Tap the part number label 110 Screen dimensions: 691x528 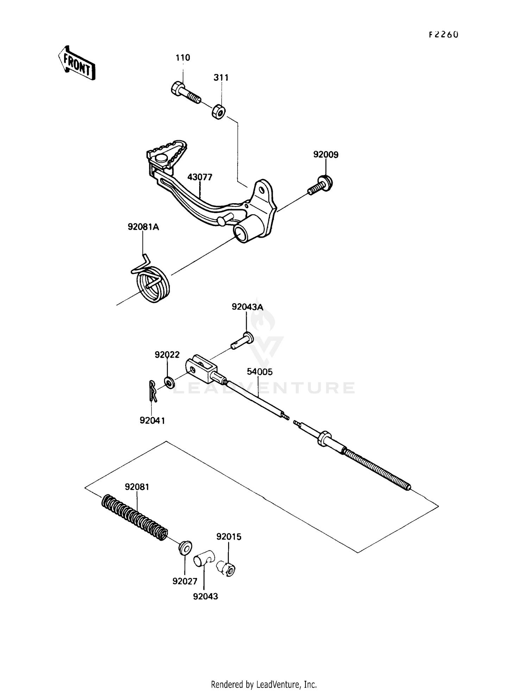click(x=183, y=57)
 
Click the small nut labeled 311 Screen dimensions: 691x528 click(x=219, y=112)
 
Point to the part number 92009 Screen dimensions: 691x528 click(x=326, y=155)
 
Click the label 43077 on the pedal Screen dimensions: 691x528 click(x=200, y=177)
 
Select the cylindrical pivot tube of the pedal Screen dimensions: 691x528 click(x=246, y=231)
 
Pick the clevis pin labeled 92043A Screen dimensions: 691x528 click(x=243, y=340)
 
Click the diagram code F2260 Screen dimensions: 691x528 click(x=444, y=35)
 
